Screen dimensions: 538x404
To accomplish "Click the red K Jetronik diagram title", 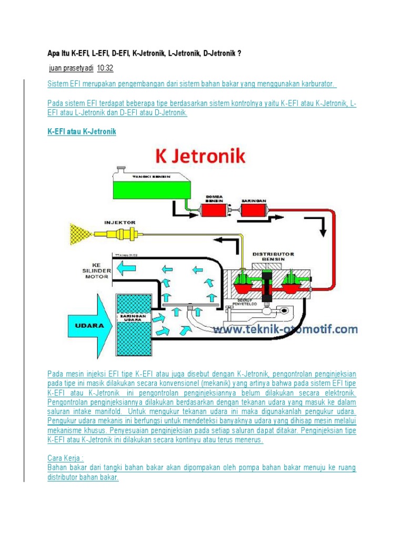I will pyautogui.click(x=200, y=157).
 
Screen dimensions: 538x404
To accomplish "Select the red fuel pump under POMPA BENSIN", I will pyautogui.click(x=215, y=211).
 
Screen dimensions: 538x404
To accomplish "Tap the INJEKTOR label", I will pyautogui.click(x=120, y=222).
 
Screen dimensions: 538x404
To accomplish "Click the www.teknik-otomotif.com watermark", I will pyautogui.click(x=285, y=329).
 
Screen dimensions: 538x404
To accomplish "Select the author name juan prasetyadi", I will pyautogui.click(x=70, y=68).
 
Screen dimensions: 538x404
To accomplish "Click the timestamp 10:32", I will pyautogui.click(x=106, y=68).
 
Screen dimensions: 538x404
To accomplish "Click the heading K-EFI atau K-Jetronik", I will pyautogui.click(x=82, y=132).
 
